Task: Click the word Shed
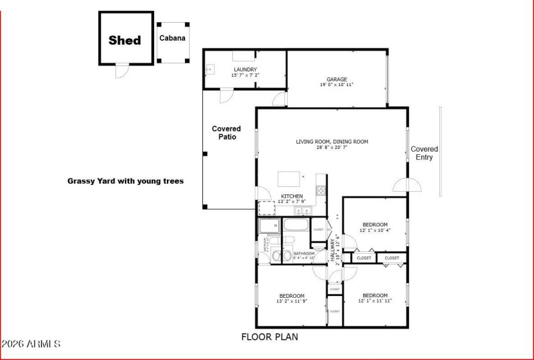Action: tap(125, 40)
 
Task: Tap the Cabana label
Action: tap(172, 38)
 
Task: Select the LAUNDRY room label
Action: tap(244, 69)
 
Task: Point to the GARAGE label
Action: tap(336, 79)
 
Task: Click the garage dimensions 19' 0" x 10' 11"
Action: tap(336, 85)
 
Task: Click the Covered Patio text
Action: tap(226, 132)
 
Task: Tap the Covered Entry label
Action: tap(424, 153)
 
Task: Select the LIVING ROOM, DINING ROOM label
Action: tap(332, 142)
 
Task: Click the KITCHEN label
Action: tap(292, 196)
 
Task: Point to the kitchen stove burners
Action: tap(320, 190)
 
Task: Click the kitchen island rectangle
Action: tap(289, 178)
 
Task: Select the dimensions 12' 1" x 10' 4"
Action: tap(374, 230)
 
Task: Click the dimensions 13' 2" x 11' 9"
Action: tap(292, 301)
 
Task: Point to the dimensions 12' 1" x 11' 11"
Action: tap(374, 301)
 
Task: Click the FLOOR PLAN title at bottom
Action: tap(270, 337)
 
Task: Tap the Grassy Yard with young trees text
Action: tap(125, 180)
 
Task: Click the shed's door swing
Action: tap(120, 71)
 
